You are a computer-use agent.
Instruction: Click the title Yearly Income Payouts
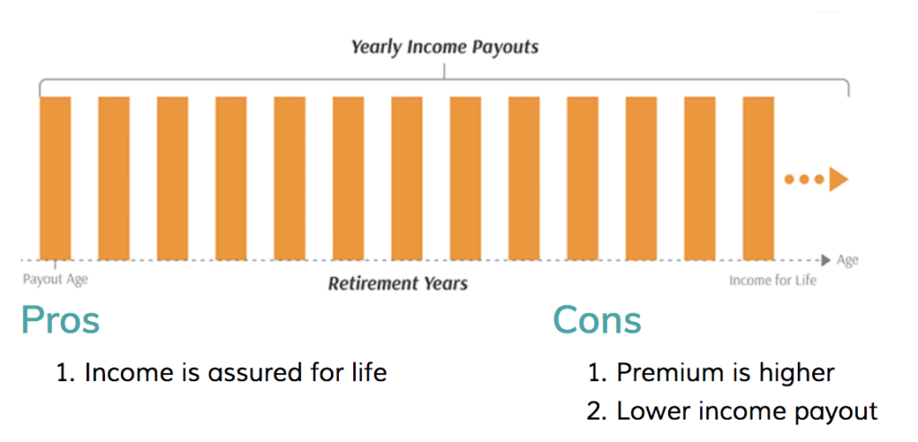coord(445,47)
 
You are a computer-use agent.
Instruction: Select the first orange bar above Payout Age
coord(55,178)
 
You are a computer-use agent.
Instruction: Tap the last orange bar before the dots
coord(758,178)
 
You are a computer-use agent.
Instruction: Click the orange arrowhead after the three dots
coord(838,179)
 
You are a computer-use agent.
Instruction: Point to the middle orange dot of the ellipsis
coord(804,179)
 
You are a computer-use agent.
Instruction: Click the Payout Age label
coord(55,279)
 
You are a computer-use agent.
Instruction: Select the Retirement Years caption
coord(397,284)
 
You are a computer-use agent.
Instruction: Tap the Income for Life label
coord(772,281)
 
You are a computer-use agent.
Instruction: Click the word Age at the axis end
coord(847,261)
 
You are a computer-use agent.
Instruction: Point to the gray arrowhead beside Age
coord(826,261)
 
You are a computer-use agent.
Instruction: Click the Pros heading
coord(60,320)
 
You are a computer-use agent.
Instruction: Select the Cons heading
coord(597,320)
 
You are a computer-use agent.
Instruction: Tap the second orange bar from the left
coord(114,178)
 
